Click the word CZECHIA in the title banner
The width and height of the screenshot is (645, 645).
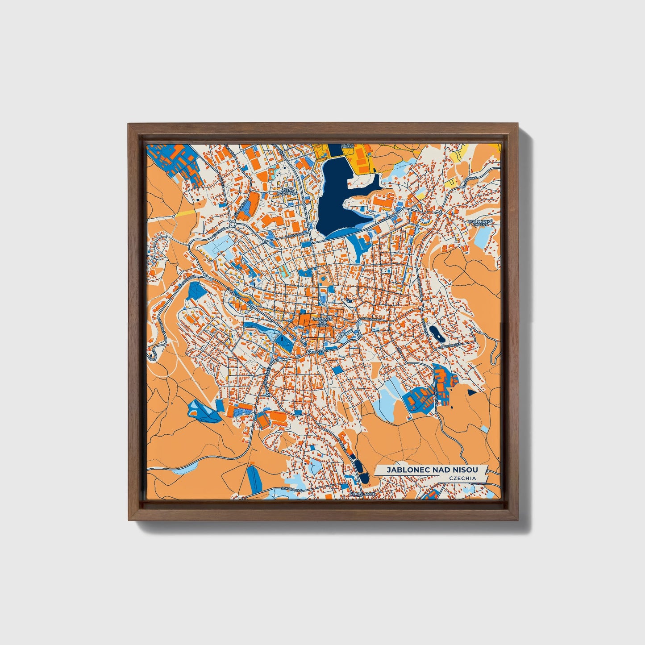click(x=463, y=478)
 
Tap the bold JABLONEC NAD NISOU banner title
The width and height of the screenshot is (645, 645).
click(x=432, y=470)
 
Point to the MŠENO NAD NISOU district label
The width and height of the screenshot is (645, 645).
click(x=286, y=192)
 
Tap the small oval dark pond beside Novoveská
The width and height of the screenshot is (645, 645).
click(x=434, y=332)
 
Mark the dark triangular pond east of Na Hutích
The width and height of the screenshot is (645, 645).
click(x=472, y=392)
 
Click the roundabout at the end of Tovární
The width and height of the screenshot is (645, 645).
click(x=233, y=224)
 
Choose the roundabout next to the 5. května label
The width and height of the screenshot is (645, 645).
click(x=309, y=352)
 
